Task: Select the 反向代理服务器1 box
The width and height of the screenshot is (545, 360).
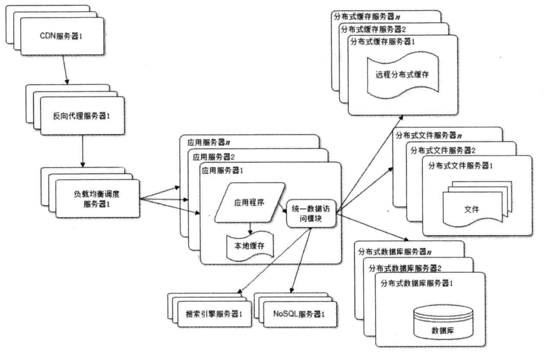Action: (x=81, y=115)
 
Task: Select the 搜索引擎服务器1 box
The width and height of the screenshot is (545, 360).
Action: (x=213, y=314)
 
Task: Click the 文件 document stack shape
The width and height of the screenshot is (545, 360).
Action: (x=471, y=205)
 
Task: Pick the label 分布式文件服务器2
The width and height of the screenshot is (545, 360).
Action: (x=443, y=151)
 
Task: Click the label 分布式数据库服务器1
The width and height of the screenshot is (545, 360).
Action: (x=420, y=283)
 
